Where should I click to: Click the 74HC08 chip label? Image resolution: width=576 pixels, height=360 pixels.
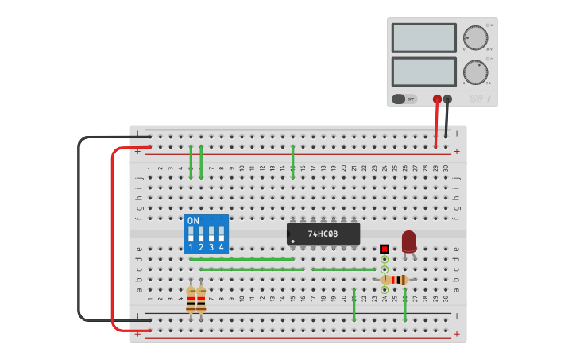[x=323, y=234]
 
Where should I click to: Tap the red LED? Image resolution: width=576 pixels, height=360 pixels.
[x=409, y=241]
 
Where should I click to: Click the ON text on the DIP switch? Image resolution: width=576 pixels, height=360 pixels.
[x=193, y=220]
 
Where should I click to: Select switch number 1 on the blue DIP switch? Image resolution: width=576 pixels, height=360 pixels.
[x=191, y=234]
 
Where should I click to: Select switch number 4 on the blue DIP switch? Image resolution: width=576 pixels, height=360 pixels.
[x=221, y=234]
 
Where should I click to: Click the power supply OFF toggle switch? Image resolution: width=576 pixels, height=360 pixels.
[x=404, y=99]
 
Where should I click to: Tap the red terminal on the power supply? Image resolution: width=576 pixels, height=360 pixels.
[x=437, y=99]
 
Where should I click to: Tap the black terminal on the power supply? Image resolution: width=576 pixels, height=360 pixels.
[x=447, y=99]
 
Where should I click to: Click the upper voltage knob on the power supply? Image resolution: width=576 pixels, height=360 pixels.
[x=475, y=37]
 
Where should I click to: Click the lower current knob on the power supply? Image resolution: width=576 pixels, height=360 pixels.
[x=475, y=72]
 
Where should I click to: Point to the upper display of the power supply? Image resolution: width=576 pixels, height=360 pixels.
[x=423, y=37]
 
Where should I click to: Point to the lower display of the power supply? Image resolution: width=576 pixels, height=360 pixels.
[x=423, y=72]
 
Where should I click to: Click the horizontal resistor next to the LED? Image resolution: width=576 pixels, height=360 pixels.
[x=395, y=280]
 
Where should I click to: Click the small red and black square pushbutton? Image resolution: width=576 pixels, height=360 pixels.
[x=385, y=249]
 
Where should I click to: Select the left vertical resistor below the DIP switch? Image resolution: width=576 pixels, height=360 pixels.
[x=191, y=300]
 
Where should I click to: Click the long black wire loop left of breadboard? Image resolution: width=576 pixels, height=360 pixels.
[x=79, y=230]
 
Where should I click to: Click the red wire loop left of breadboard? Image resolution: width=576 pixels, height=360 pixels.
[x=112, y=238]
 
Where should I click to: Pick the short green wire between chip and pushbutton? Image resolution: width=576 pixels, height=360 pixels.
[x=343, y=269]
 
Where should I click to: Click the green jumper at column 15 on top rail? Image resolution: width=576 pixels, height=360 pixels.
[x=293, y=161]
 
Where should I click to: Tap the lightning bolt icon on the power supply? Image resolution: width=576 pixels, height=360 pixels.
[x=488, y=99]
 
